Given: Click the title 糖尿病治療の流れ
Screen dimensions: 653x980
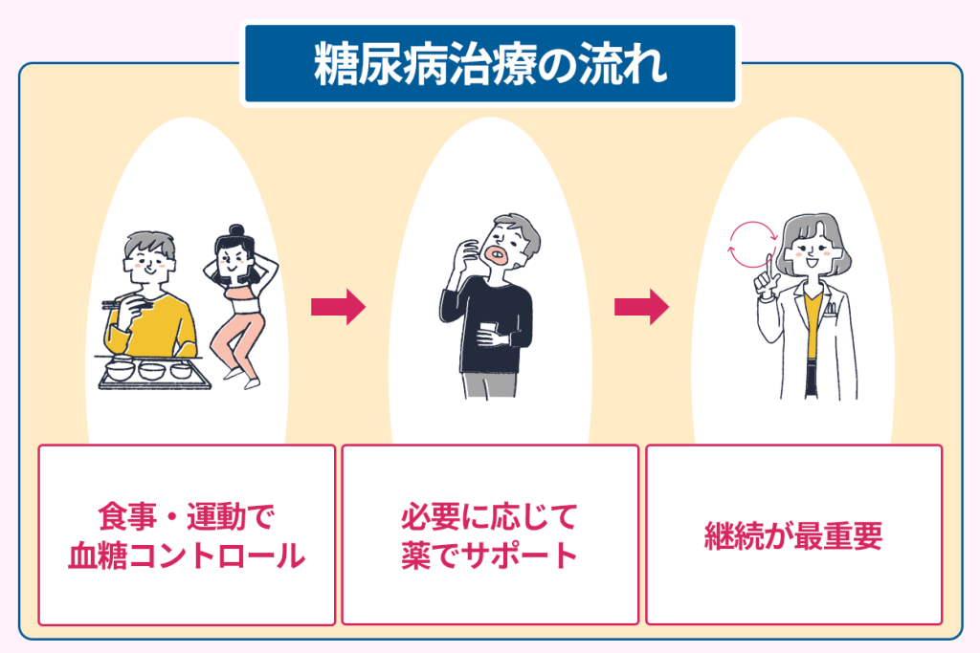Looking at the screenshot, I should point(490,64).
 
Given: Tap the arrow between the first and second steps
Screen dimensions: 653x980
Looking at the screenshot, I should point(338,307).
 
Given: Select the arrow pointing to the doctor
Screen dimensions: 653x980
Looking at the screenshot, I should point(641,307).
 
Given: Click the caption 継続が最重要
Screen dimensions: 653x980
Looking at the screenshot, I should point(793,534).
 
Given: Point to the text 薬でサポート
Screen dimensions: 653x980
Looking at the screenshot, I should point(490,555).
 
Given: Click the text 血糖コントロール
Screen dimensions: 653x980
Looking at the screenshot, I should point(187,555).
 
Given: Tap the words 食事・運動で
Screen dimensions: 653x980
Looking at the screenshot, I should point(187,516).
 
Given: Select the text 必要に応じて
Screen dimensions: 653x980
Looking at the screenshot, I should point(490,516).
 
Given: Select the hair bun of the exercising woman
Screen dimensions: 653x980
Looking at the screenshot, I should point(236,232).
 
